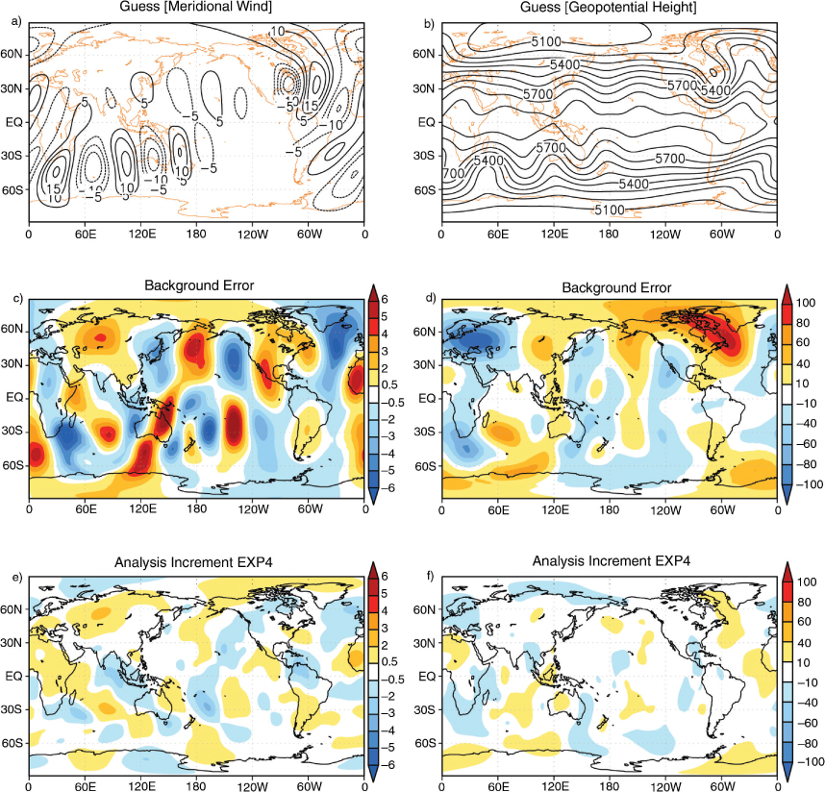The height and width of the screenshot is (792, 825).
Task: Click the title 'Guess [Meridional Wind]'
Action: (196, 7)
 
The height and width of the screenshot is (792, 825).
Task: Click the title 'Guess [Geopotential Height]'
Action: (609, 7)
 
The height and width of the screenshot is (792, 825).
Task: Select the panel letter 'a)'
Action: (16, 21)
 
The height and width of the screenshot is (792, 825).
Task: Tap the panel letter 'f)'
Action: (430, 577)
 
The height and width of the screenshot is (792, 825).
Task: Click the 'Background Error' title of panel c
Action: (199, 285)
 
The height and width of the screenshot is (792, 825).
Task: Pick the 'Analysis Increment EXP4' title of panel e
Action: (193, 562)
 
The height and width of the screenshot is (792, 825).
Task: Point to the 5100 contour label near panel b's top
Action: (545, 41)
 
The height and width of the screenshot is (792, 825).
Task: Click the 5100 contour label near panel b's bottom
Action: (610, 210)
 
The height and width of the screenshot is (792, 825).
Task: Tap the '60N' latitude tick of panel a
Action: (11, 54)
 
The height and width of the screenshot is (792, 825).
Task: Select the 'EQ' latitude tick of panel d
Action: (427, 398)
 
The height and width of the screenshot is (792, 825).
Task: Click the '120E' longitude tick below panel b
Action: (555, 234)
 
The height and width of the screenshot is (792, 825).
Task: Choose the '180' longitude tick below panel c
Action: (196, 509)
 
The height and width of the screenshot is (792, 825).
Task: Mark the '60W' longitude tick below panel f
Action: (722, 786)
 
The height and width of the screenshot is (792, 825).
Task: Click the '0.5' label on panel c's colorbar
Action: (389, 385)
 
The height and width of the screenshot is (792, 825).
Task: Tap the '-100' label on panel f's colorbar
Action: (811, 762)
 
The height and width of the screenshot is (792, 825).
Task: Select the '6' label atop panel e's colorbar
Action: (384, 577)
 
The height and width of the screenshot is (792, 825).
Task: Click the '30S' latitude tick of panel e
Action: (12, 709)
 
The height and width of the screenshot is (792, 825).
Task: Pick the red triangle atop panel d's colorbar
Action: (787, 292)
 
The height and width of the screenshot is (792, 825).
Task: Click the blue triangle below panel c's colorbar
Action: (373, 496)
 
